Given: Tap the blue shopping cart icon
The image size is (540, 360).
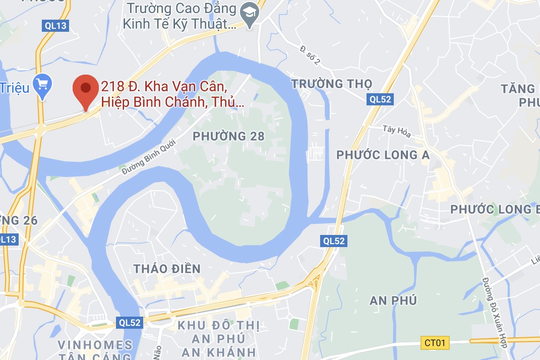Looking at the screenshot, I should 41,85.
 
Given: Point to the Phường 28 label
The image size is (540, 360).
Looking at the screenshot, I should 228,136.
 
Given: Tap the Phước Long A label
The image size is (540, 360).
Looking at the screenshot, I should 383,155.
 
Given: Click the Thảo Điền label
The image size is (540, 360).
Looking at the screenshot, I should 167,269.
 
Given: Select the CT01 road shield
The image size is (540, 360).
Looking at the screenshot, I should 434,343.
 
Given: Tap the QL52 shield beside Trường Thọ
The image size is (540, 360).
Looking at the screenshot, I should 380,99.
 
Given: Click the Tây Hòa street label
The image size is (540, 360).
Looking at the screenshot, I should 397,132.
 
